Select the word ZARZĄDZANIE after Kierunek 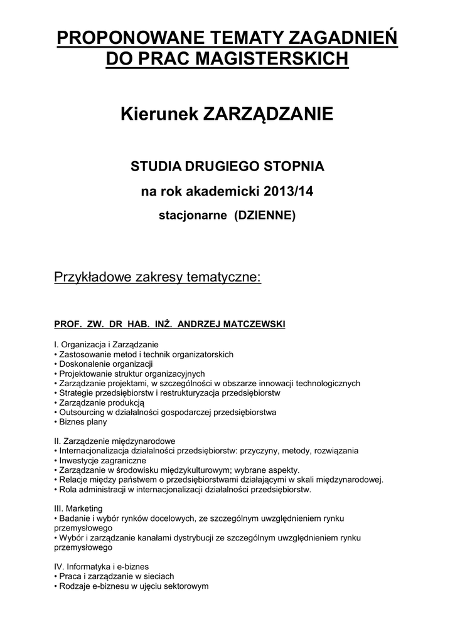pyautogui.click(x=267, y=115)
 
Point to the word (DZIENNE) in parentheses pyautogui.click(x=264, y=215)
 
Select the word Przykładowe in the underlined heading pyautogui.click(x=93, y=277)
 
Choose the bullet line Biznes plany pyautogui.click(x=81, y=422)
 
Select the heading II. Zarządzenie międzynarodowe pyautogui.click(x=115, y=441)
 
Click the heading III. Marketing pyautogui.click(x=78, y=508)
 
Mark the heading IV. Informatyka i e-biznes pyautogui.click(x=102, y=566)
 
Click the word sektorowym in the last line pyautogui.click(x=187, y=586)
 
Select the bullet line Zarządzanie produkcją pyautogui.click(x=100, y=403)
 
